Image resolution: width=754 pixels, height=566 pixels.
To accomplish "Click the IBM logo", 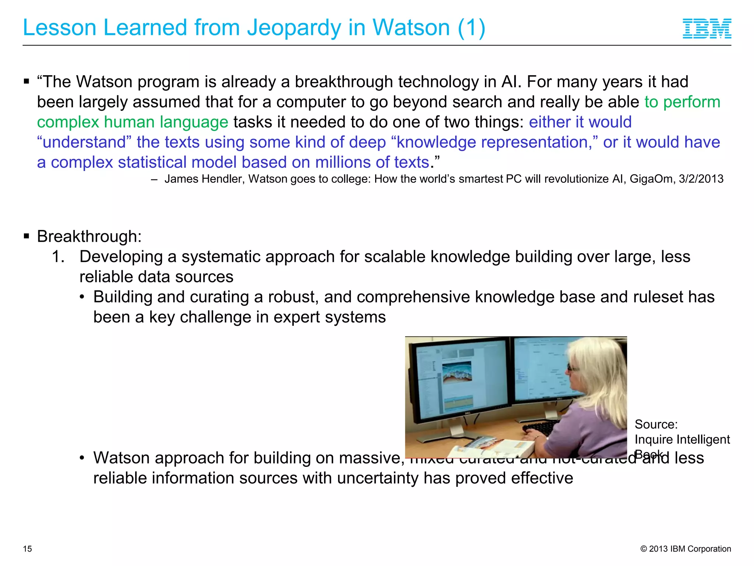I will tap(707, 28).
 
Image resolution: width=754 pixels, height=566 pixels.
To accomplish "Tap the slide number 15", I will tap(28, 549).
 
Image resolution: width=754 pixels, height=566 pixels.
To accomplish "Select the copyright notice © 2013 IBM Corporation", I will tap(686, 549).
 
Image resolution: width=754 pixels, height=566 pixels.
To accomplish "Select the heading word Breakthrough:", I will tap(89, 237).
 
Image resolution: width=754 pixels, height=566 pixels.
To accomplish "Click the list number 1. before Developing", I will tap(58, 257).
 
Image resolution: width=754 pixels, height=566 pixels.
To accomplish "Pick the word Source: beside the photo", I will tap(656, 424).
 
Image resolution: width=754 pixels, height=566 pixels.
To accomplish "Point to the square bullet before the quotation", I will tap(26, 81).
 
